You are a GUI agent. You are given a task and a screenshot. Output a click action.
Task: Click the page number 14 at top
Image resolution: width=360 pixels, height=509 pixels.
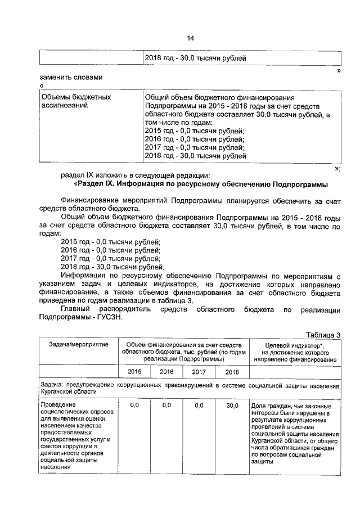click(190, 38)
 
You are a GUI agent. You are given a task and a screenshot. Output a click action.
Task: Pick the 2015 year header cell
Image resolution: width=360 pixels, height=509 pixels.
click(134, 371)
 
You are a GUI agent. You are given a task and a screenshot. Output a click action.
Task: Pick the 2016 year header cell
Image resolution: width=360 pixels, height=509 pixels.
click(166, 371)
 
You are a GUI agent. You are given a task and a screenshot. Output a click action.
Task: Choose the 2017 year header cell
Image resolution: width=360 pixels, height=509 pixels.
click(199, 371)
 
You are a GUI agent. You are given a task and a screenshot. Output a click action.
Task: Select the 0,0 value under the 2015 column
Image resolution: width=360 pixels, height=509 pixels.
click(134, 405)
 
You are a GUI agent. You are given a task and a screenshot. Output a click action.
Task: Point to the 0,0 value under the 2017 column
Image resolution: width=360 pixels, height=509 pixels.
click(199, 405)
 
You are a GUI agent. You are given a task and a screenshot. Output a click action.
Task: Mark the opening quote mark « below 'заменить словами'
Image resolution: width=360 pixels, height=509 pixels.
click(42, 85)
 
